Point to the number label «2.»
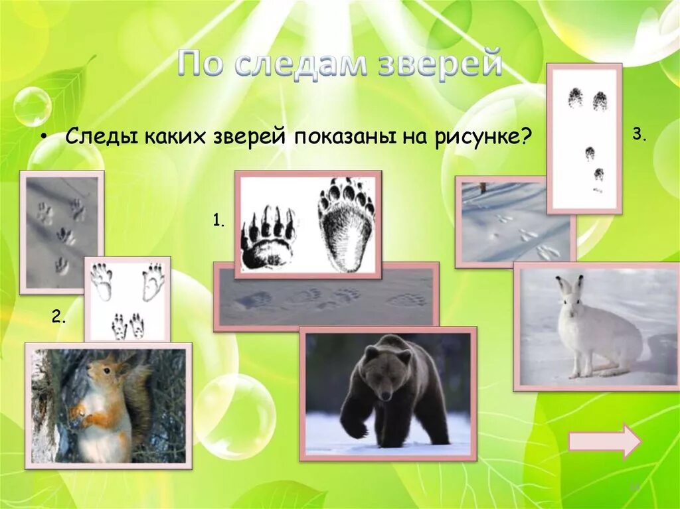point(58,317)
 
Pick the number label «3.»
point(639,134)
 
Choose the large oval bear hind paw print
point(346,226)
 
